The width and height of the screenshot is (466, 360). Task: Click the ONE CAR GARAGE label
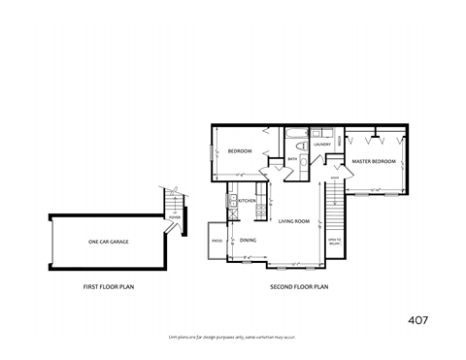pyautogui.click(x=108, y=242)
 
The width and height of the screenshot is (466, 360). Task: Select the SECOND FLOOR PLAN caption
pyautogui.click(x=299, y=287)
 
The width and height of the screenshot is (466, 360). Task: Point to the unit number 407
pyautogui.click(x=417, y=319)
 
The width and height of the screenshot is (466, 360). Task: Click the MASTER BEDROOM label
pyautogui.click(x=374, y=161)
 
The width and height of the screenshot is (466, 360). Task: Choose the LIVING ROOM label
pyautogui.click(x=294, y=221)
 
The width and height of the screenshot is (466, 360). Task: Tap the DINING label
pyautogui.click(x=249, y=240)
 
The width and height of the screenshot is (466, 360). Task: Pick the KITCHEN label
pyautogui.click(x=248, y=201)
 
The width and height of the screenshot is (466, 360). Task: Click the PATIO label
pyautogui.click(x=217, y=240)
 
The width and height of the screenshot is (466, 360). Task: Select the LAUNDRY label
pyautogui.click(x=322, y=145)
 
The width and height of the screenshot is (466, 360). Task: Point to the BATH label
pyautogui.click(x=292, y=159)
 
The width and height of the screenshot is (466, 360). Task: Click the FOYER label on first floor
pyautogui.click(x=175, y=217)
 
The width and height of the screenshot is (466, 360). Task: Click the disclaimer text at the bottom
pyautogui.click(x=232, y=337)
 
